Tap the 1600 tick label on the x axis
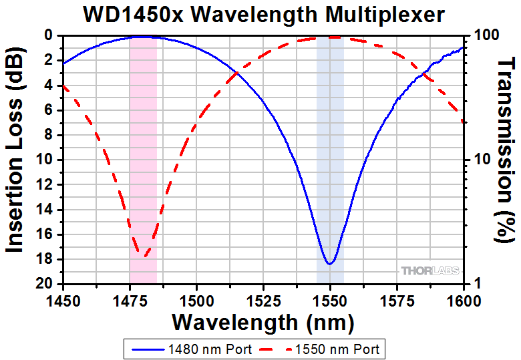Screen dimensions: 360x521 click(x=464, y=299)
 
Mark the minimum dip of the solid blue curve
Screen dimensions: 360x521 click(x=329, y=264)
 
